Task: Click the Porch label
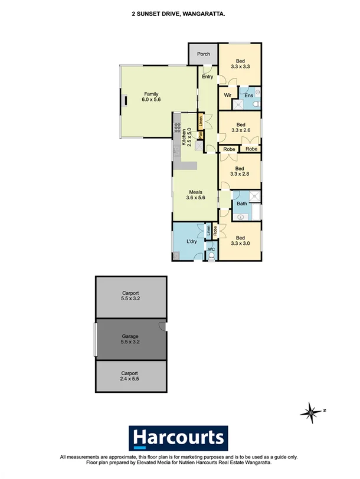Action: tap(203, 54)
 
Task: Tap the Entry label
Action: tap(207, 77)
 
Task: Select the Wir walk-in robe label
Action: tap(227, 95)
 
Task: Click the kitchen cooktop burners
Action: tap(176, 126)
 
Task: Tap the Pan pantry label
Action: tap(201, 134)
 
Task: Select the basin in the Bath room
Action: tap(240, 216)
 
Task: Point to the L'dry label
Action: tap(191, 242)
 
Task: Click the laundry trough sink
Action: tap(176, 255)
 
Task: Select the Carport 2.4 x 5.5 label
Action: tap(130, 376)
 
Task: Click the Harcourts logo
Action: tap(179, 438)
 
